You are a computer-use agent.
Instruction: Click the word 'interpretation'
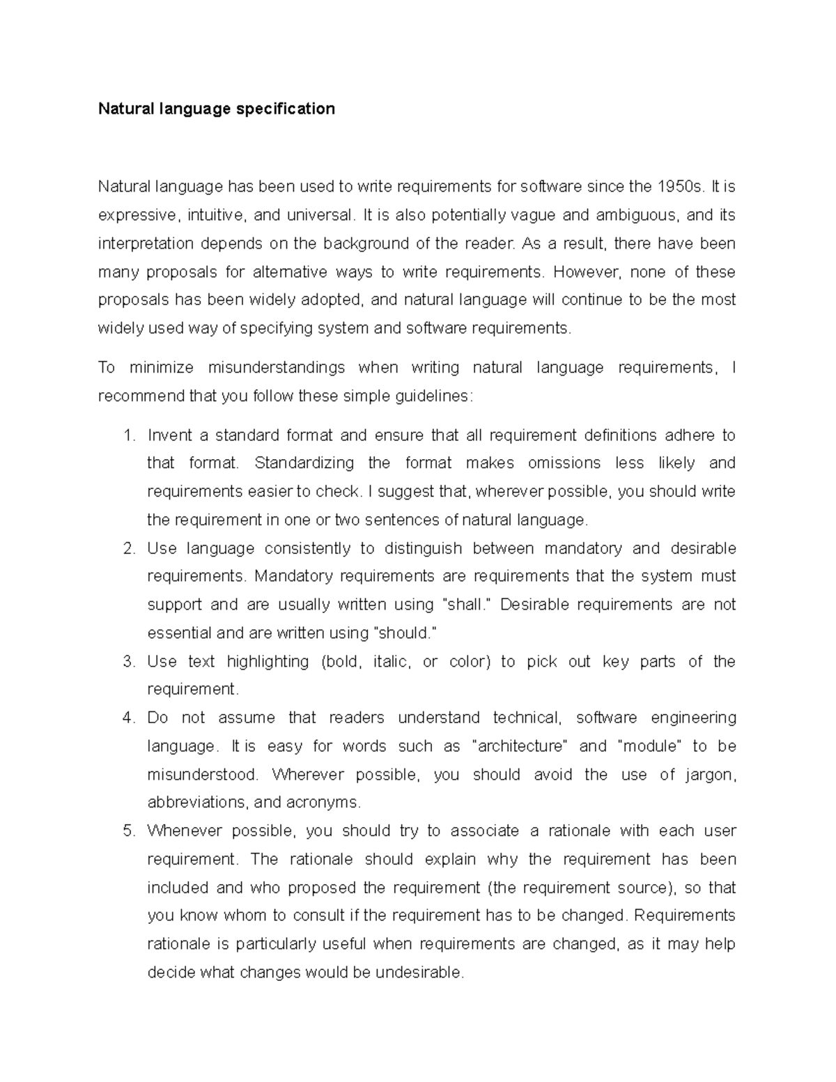145,244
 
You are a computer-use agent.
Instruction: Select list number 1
127,435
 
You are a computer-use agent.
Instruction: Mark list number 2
127,548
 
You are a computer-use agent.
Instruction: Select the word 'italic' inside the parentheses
391,661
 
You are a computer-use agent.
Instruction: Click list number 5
127,831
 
